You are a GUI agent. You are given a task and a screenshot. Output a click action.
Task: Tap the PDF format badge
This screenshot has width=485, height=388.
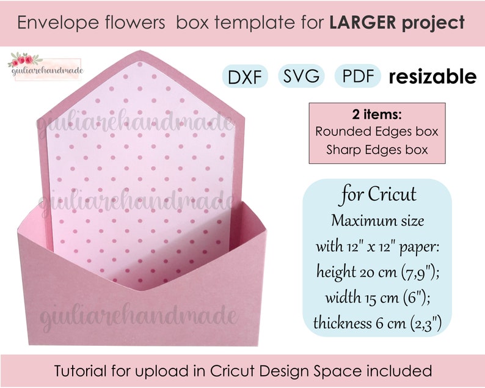click(359, 77)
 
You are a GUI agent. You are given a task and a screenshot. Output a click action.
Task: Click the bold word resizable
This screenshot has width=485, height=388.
click(432, 77)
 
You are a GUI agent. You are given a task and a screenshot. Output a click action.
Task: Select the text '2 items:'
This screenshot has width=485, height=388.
click(376, 115)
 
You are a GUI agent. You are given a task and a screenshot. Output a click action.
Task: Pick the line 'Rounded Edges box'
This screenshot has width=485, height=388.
click(376, 131)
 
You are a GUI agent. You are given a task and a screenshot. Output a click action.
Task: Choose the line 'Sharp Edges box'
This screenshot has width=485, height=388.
click(376, 148)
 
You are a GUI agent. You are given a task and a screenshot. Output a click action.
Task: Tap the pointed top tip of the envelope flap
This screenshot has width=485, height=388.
click(140, 51)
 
